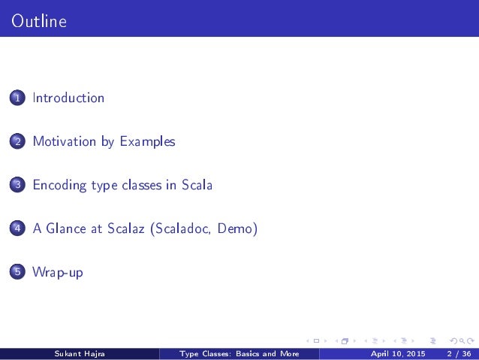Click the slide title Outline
point(39,22)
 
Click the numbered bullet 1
point(17,98)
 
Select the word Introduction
point(68,98)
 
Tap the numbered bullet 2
point(17,142)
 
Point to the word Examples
point(147,141)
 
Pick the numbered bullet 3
point(17,186)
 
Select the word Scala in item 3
point(197,185)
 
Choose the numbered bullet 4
point(17,229)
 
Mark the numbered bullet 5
point(17,273)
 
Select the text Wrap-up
point(58,272)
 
